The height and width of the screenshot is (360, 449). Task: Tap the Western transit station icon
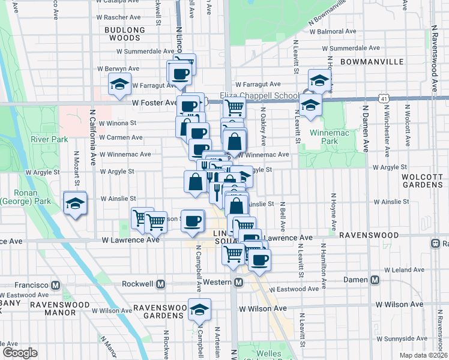point(238,282)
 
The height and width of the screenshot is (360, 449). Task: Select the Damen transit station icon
point(375,280)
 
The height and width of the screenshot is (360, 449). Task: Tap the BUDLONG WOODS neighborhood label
point(125,34)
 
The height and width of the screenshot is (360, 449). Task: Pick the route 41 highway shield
point(384,97)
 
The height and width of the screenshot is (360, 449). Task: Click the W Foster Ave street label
point(155,103)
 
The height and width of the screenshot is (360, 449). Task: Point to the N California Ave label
point(93,137)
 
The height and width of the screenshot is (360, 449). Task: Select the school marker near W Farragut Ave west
point(120,84)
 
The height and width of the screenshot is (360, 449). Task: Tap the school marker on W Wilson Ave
point(199,310)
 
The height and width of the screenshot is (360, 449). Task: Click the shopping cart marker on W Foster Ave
point(234,107)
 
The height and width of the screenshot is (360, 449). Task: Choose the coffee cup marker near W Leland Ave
point(259,260)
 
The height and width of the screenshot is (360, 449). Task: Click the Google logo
point(19,353)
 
